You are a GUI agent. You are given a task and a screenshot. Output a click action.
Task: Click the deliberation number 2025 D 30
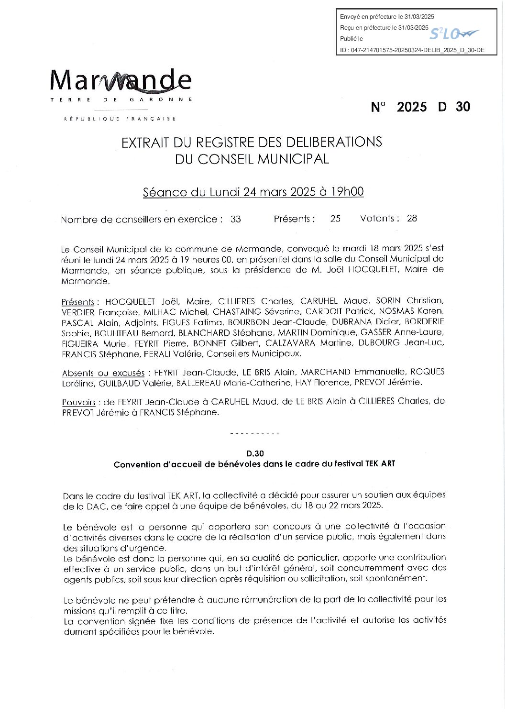(420, 107)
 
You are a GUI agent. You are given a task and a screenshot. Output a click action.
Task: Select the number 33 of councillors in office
(235, 220)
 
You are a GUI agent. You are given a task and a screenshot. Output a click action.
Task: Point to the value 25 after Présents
(335, 219)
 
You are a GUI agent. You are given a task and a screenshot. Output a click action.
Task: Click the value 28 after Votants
(412, 219)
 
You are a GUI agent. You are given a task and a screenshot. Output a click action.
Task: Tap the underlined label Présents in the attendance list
(78, 302)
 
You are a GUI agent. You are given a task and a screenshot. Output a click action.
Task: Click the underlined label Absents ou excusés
(103, 373)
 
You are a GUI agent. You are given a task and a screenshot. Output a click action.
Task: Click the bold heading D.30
(255, 453)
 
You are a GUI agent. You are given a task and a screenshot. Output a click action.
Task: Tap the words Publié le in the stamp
(352, 39)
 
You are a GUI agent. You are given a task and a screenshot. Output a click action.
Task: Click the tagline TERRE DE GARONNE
(121, 100)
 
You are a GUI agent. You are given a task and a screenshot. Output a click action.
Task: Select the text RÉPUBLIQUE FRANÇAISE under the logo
(120, 119)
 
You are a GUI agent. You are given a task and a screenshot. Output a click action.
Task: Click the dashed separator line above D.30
(254, 434)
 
